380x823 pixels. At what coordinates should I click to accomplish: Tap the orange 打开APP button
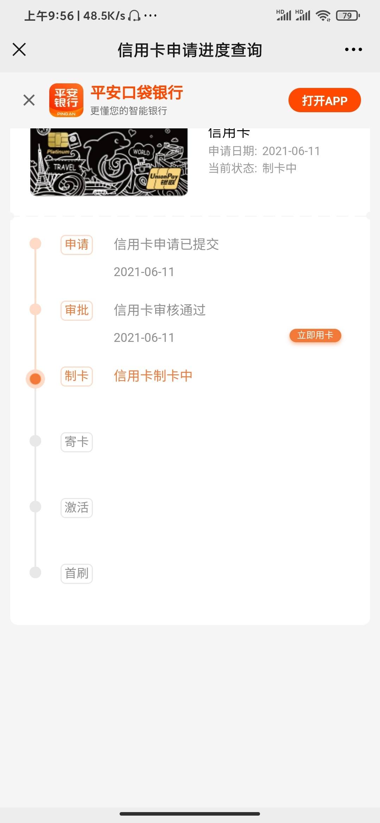pos(324,100)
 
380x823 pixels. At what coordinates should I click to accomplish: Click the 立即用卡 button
pos(315,335)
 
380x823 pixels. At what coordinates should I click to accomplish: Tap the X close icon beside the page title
pos(19,50)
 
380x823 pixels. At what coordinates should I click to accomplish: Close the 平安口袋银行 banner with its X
pos(29,100)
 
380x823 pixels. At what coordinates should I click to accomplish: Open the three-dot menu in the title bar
pos(353,50)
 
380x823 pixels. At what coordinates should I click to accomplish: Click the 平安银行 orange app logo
pos(66,100)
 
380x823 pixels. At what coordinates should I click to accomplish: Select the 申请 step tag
pos(77,244)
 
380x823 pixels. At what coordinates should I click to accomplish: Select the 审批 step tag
pos(77,310)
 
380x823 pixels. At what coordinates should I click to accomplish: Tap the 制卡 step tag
pos(77,376)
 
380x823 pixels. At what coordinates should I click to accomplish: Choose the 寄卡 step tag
pos(77,442)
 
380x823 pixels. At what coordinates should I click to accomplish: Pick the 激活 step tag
pos(77,508)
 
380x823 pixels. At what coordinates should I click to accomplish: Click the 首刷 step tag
pos(77,573)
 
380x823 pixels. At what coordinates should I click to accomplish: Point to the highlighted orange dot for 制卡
pos(35,379)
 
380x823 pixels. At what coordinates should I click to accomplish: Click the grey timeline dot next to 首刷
pos(35,572)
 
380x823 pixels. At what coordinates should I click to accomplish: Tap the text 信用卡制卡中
pos(153,376)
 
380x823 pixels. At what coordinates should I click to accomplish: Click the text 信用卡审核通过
pos(160,310)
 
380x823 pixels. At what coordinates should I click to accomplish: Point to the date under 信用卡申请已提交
pos(144,272)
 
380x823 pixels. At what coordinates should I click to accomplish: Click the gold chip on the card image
pos(58,140)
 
